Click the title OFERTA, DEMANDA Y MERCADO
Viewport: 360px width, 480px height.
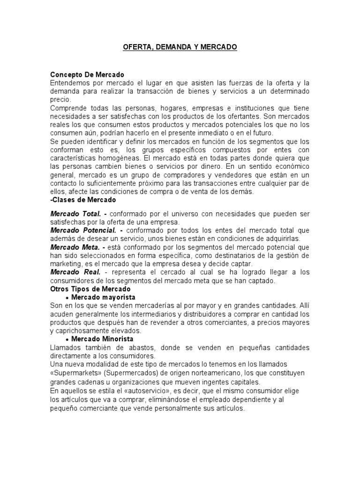pos(180,47)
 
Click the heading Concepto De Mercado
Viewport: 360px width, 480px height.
pos(87,75)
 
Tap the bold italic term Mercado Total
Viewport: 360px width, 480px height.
pos(76,214)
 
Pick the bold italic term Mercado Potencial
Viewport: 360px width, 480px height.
pos(84,230)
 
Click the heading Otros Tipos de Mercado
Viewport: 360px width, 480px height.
pos(90,289)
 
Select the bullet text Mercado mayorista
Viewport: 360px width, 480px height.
pos(103,298)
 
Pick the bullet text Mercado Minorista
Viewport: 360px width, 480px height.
pos(102,338)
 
